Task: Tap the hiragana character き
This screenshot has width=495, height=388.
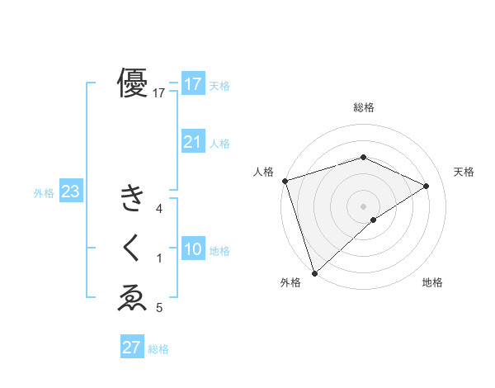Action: [x=133, y=199]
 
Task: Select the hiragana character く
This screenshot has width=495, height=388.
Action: [x=133, y=248]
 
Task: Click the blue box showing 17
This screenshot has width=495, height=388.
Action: [x=192, y=83]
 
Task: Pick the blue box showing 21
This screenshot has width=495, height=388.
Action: [x=192, y=141]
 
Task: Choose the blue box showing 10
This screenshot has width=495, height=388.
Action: [x=192, y=248]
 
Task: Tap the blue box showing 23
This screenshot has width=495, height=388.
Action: [x=70, y=192]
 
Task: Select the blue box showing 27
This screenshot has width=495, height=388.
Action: [x=132, y=348]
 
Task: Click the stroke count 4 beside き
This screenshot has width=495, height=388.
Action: [x=159, y=209]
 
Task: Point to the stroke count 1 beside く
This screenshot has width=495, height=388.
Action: [x=159, y=258]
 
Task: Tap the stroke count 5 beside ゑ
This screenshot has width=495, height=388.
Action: [x=159, y=308]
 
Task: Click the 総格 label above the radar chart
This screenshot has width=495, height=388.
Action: [x=363, y=108]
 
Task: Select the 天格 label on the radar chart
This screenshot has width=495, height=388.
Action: [x=464, y=172]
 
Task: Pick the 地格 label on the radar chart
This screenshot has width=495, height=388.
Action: [x=432, y=282]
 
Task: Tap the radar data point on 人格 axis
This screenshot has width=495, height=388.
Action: [x=284, y=180]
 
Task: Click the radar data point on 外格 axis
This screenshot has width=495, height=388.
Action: [x=314, y=272]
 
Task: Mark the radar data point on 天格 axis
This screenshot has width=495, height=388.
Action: [x=427, y=186]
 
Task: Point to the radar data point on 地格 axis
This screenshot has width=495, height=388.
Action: [x=374, y=220]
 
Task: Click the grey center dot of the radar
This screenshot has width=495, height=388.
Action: [x=363, y=206]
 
